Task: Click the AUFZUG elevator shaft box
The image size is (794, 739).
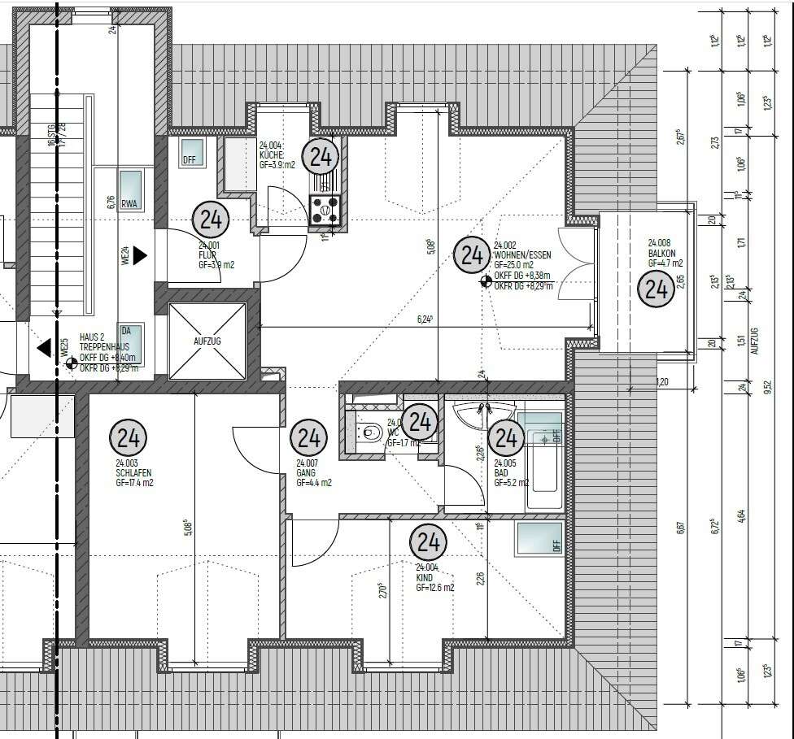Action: pos(207,341)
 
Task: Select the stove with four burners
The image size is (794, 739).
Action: pos(325,209)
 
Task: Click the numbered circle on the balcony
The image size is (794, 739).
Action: pos(655,289)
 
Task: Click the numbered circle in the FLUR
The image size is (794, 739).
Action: pos(211,220)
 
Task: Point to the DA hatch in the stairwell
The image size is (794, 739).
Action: pos(130,341)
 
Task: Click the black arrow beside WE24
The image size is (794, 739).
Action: pos(140,255)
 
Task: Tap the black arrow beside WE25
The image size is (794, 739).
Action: pos(43,348)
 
